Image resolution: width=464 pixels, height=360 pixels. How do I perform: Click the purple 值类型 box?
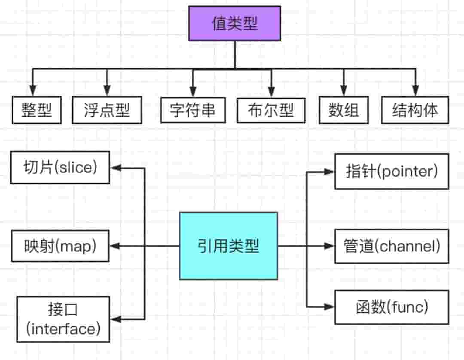click(235, 24)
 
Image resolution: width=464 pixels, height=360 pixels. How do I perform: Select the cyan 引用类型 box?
click(229, 246)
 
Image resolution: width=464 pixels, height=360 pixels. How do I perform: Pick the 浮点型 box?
click(107, 111)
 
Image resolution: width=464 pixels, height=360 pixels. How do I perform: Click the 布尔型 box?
click(271, 111)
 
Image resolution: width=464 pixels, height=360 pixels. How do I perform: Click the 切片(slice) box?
click(60, 167)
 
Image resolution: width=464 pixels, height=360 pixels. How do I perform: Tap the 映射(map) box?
click(60, 246)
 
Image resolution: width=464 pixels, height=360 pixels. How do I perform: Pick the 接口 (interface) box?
click(63, 319)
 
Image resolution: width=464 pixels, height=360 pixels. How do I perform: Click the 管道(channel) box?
click(391, 246)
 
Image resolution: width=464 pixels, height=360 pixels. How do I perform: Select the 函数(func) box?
click(391, 307)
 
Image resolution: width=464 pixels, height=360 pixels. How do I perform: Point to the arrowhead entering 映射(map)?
click(115, 246)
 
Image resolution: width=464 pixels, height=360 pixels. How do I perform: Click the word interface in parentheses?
click(63, 329)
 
